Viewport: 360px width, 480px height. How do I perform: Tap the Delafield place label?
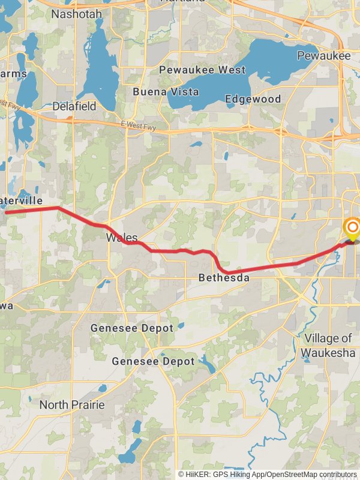(74, 106)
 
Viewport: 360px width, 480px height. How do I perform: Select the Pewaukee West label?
(202, 70)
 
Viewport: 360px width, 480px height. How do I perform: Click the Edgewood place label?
(253, 98)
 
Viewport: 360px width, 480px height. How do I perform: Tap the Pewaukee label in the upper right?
(323, 55)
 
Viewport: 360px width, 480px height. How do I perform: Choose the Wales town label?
(122, 238)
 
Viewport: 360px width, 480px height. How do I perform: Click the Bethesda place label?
(224, 278)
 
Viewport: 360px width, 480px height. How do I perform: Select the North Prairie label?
(72, 405)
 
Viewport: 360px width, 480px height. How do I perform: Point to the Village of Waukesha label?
(328, 345)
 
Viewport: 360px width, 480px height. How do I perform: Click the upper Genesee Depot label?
(132, 328)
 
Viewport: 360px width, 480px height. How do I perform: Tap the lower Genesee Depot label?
(154, 361)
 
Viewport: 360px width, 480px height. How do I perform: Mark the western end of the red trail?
(6, 212)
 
